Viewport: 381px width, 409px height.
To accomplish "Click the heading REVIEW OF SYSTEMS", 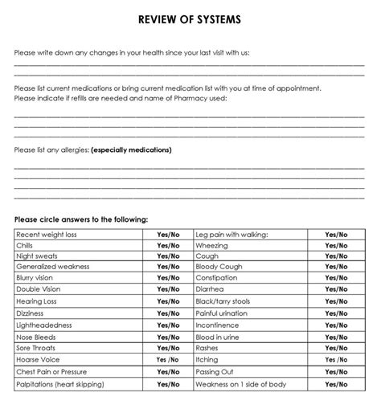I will tap(190, 19).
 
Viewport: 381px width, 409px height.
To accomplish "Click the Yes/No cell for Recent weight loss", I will tap(169, 235).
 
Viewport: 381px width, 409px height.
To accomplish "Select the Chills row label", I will tap(26, 246).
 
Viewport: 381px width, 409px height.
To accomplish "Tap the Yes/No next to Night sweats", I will tap(169, 257).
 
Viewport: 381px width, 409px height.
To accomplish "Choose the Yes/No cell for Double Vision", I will tap(169, 289).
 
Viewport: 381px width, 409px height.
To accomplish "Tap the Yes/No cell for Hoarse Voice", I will tap(169, 361).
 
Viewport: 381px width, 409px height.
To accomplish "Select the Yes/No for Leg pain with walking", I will tap(336, 235).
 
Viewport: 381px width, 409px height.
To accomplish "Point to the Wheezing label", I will tap(211, 246).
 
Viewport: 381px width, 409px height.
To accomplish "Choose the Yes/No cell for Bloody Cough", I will tap(336, 267).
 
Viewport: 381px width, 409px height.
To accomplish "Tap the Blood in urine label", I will tap(219, 337).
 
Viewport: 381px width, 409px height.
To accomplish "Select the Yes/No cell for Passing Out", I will tap(336, 372).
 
